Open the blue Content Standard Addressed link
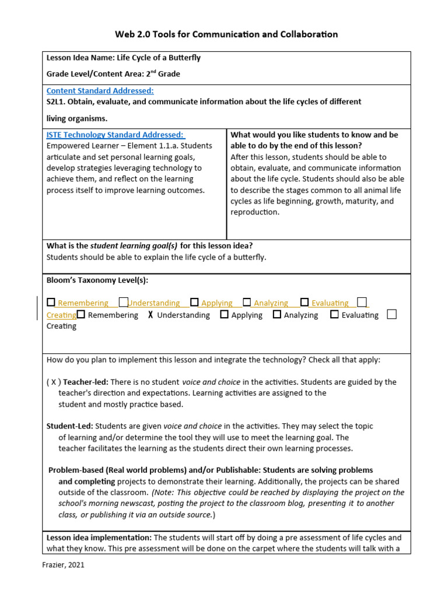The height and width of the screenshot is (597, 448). [x=100, y=91]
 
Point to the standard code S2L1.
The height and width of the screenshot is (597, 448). [x=57, y=101]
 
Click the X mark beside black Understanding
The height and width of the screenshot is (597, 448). [x=150, y=315]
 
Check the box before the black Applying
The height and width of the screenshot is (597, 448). [x=224, y=315]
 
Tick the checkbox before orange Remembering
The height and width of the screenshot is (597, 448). [x=51, y=303]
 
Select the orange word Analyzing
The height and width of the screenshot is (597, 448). [x=271, y=303]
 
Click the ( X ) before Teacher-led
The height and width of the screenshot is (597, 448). [x=53, y=382]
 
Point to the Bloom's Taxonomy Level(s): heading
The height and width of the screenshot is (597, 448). [x=97, y=280]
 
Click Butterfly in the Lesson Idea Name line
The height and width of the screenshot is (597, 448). [x=183, y=58]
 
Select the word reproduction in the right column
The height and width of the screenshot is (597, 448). [x=255, y=212]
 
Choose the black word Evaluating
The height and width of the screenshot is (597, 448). [x=360, y=315]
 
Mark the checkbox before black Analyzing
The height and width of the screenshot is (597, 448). [x=277, y=315]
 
